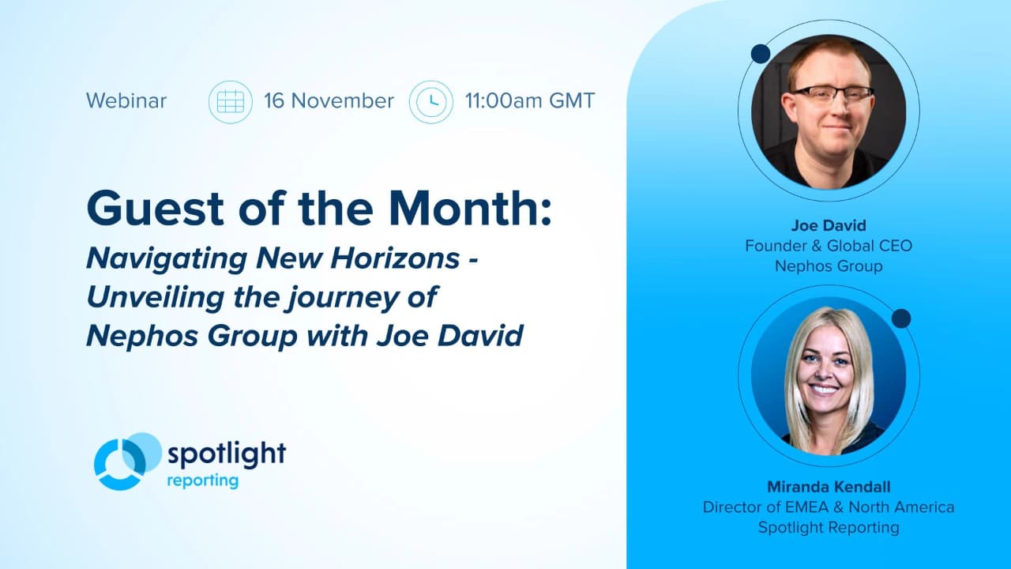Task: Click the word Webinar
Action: (x=126, y=101)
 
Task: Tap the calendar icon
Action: (x=230, y=102)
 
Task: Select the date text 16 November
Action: (x=329, y=101)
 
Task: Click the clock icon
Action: (x=430, y=102)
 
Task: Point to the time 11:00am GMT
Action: (x=529, y=101)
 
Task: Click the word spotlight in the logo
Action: (x=226, y=454)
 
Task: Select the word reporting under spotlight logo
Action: (x=202, y=480)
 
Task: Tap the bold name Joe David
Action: (x=828, y=224)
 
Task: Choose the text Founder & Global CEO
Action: (x=828, y=246)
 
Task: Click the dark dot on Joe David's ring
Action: (x=760, y=54)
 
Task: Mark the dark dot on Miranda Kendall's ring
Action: (x=901, y=318)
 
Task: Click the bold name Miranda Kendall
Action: (x=828, y=486)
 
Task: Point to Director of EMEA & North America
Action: (x=828, y=507)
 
